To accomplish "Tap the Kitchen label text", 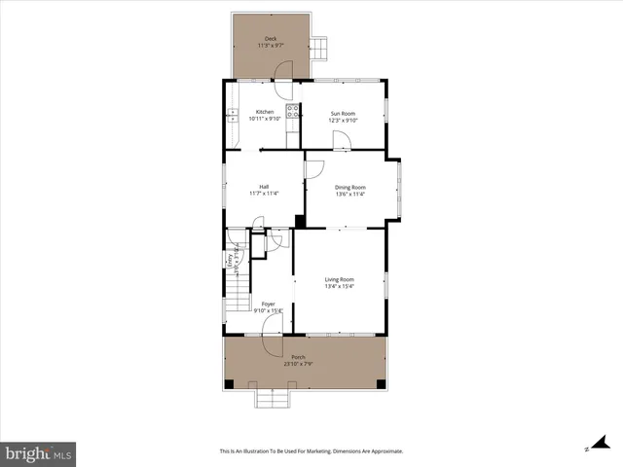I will coord(265,112).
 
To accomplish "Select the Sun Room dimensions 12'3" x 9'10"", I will coord(344,120).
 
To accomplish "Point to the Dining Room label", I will coord(349,187).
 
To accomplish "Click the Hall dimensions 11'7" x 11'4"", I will coord(264,194).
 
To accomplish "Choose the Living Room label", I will coord(340,279).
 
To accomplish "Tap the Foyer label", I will coord(268,304).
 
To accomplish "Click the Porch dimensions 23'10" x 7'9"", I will coord(298,365).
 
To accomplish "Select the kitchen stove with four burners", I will coord(291,113).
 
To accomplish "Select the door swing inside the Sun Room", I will coord(342,140).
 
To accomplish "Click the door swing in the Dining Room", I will coord(314,168).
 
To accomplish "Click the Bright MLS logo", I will coord(38,452).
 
